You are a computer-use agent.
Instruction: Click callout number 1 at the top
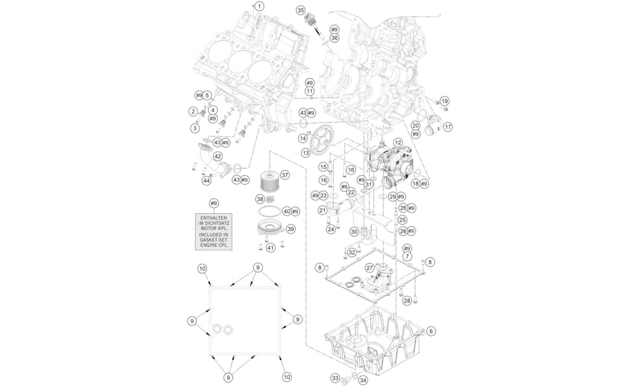pyautogui.click(x=259, y=6)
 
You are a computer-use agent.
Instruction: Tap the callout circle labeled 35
pyautogui.click(x=300, y=10)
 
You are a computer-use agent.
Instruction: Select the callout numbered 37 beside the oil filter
pyautogui.click(x=285, y=175)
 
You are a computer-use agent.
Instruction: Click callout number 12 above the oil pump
pyautogui.click(x=398, y=143)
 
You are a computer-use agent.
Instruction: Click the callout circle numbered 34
pyautogui.click(x=363, y=380)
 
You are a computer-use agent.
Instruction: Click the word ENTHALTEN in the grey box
pyautogui.click(x=213, y=218)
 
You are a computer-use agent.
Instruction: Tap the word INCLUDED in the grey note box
pyautogui.click(x=213, y=235)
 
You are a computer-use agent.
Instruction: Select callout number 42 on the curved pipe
pyautogui.click(x=218, y=156)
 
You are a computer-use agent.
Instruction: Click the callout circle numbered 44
pyautogui.click(x=206, y=181)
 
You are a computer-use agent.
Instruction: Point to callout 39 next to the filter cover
pyautogui.click(x=291, y=229)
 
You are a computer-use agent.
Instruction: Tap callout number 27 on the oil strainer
pyautogui.click(x=370, y=268)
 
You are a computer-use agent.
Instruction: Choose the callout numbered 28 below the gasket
pyautogui.click(x=407, y=301)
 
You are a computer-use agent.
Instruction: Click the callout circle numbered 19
pyautogui.click(x=445, y=101)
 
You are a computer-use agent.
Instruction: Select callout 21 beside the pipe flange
pyautogui.click(x=322, y=210)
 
